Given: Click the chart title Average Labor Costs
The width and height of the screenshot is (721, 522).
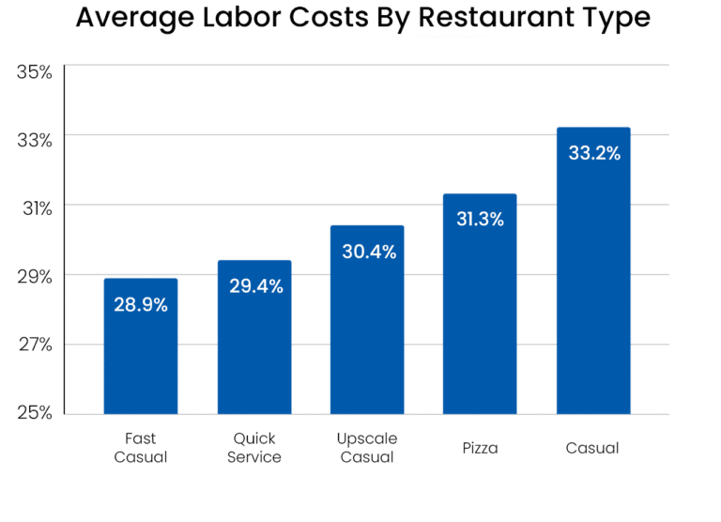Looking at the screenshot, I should [362, 19].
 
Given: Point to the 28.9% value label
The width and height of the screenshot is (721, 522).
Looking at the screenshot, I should [141, 305].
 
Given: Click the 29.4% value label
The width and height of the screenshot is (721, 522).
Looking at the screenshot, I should [255, 286].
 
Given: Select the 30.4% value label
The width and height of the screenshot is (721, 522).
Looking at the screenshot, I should [368, 252].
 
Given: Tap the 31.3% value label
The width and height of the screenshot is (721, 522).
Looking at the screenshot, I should [481, 220].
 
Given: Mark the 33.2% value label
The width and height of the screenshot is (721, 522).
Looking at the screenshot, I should [594, 153].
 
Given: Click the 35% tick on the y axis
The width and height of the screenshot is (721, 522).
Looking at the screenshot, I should [34, 71].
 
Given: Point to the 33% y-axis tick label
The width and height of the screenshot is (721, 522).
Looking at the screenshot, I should [34, 139].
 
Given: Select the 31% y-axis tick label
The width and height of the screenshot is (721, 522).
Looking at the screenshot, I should [34, 207].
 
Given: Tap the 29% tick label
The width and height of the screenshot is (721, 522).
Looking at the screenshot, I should [34, 276].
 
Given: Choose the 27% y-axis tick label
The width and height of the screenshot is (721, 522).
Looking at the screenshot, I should [34, 345].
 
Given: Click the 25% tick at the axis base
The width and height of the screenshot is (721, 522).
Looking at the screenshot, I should [34, 413].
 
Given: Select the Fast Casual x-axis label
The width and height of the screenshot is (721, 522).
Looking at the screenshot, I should [141, 448].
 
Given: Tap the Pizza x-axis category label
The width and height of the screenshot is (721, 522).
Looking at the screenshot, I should [480, 448].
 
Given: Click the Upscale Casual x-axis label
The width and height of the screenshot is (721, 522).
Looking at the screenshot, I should [367, 448].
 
